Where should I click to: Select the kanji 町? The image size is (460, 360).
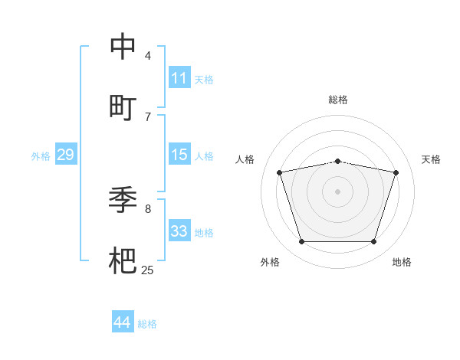pos(123,107)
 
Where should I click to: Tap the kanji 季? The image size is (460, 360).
pos(123,201)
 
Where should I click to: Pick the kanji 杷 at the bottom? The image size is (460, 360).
pos(123,260)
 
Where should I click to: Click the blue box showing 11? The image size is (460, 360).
pos(179,78)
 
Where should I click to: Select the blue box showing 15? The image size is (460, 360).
pos(179,155)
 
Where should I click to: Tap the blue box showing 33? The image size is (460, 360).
pos(179,231)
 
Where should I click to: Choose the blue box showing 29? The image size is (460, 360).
pos(65,155)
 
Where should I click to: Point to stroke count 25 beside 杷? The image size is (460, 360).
pos(147,270)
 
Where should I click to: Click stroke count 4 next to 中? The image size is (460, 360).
pos(148,56)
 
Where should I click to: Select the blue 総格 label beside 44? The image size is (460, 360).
pos(147,324)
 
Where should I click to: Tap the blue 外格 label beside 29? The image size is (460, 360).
pos(41,156)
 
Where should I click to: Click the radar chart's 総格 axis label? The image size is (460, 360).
pos(338,100)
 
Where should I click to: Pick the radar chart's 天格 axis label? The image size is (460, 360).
pos(431,159)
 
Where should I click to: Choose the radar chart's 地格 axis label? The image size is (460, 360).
pos(402,262)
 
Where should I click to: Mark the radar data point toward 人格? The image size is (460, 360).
pos(280,172)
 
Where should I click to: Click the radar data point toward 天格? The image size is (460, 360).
pos(396,172)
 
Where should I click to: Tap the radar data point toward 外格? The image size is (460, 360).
pos(302,242)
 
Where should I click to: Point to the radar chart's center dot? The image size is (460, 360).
pos(338,191)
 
